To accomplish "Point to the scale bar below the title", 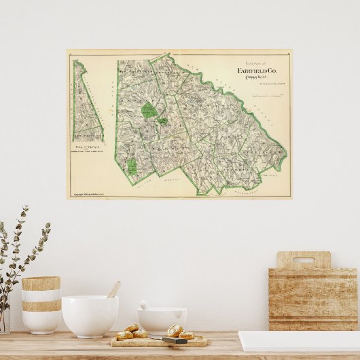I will [x=266, y=96].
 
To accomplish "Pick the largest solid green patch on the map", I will [x=149, y=110].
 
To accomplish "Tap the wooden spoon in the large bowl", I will [x=114, y=290].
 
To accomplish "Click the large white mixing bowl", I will [x=90, y=315].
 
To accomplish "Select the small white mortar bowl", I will [x=161, y=319].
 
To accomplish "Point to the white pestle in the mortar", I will [x=145, y=306].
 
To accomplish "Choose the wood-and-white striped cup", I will [x=41, y=304].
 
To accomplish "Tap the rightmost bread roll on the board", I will [x=186, y=335].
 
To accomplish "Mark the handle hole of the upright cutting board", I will [x=303, y=260].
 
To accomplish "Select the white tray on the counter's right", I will [x=299, y=341].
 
